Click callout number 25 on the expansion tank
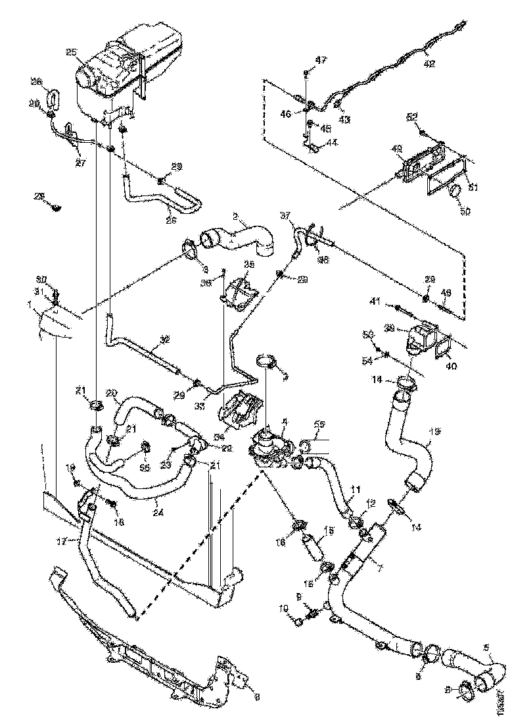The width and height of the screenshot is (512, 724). [71, 53]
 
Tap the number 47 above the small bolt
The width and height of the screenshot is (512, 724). [321, 60]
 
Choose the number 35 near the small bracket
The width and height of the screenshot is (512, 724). [248, 264]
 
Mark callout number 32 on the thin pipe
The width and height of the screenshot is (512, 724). [164, 340]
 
